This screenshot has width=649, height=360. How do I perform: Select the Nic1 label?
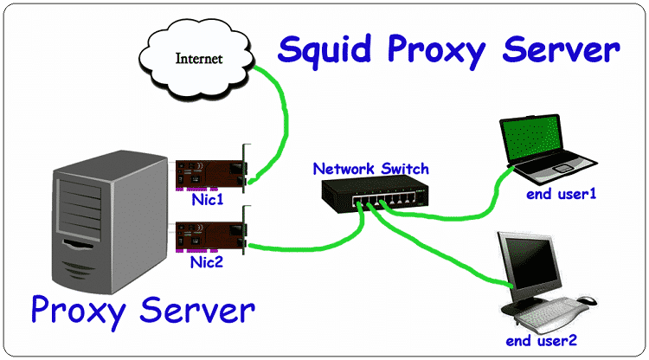(x=209, y=199)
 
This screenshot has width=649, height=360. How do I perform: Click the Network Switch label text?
(x=370, y=169)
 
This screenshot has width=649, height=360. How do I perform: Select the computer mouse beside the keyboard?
(x=588, y=301)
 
